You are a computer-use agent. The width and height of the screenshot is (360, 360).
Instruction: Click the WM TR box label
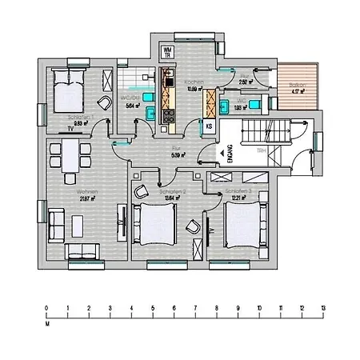click(x=167, y=52)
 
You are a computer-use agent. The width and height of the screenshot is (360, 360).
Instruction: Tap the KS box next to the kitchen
click(x=210, y=126)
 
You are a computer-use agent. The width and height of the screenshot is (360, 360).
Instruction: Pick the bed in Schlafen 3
click(x=243, y=224)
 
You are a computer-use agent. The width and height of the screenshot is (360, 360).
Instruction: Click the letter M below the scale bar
click(x=47, y=326)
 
